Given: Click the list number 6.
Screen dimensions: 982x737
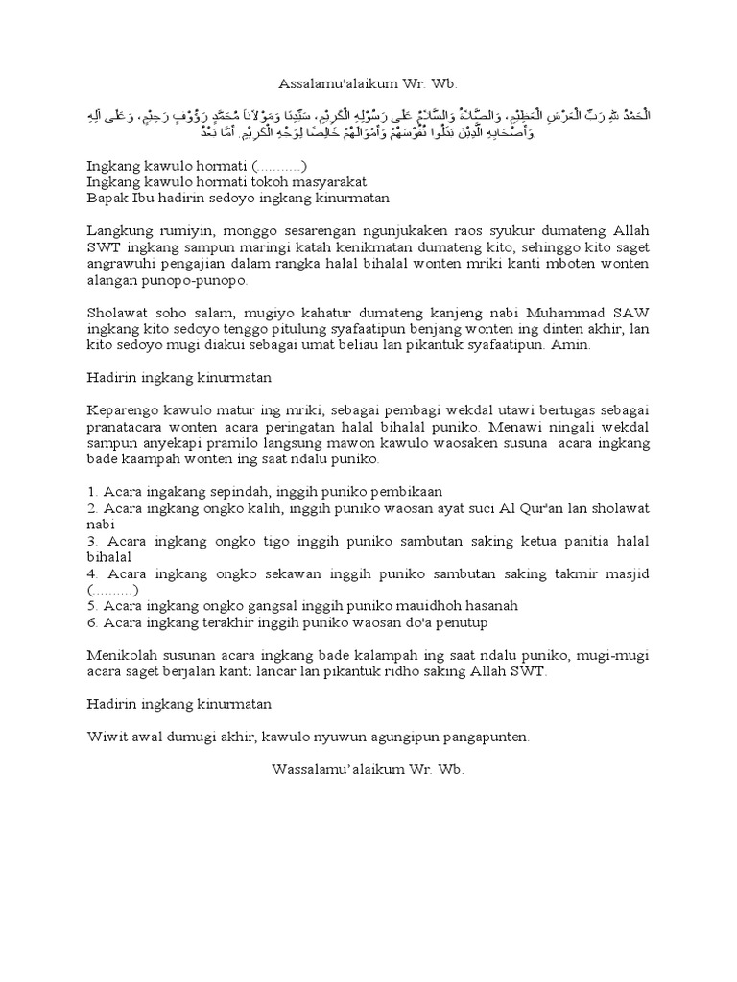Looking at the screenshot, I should click(91, 622).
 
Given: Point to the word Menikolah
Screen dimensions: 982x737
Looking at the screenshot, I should click(122, 655).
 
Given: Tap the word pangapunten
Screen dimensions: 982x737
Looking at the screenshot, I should click(474, 737).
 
